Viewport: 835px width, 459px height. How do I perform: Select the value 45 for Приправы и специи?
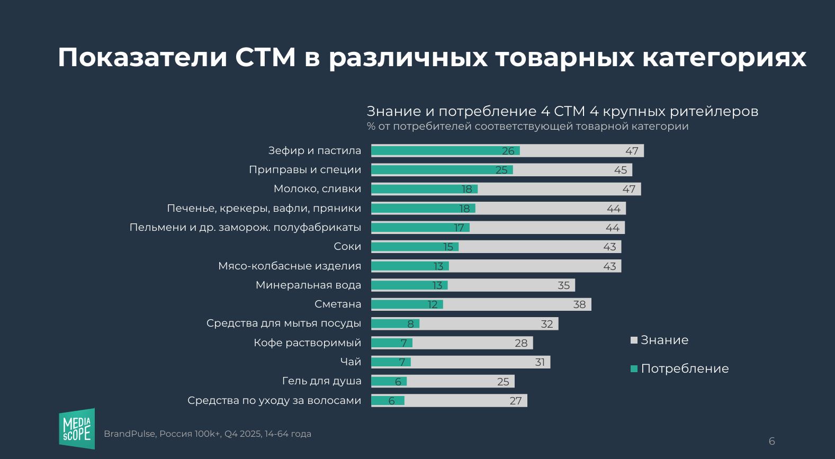[621, 170]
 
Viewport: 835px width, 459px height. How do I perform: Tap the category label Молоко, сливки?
[317, 189]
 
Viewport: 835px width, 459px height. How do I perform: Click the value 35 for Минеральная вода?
[564, 285]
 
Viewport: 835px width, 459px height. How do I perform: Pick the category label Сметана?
[338, 304]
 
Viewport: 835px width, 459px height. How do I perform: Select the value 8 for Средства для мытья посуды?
[410, 324]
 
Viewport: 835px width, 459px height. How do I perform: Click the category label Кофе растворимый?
[307, 343]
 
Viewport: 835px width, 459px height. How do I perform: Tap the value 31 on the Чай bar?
[540, 362]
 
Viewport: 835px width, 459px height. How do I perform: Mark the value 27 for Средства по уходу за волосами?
[516, 401]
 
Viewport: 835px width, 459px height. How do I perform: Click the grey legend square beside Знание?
[634, 340]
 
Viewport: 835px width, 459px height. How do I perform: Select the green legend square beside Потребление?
[634, 369]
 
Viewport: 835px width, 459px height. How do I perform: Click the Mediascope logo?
[77, 428]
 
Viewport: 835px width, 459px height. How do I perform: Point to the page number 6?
[771, 441]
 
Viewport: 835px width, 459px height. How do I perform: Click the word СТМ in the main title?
[265, 57]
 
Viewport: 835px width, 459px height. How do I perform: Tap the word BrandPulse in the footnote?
[129, 434]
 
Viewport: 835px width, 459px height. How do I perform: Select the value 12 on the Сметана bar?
[433, 304]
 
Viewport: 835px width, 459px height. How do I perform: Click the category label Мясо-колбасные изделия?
[290, 266]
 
